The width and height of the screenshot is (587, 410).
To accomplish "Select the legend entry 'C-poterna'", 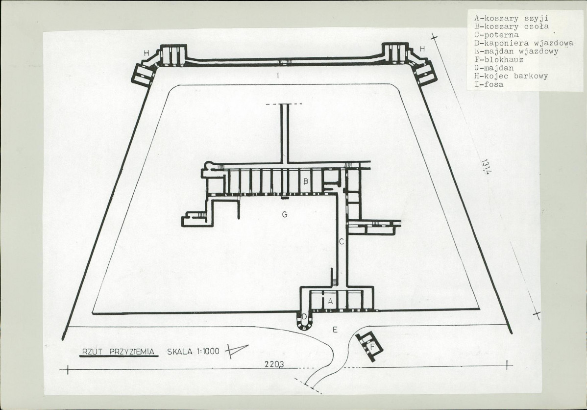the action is pos(496,35).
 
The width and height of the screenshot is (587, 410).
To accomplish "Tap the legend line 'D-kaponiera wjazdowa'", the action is pos(523,43).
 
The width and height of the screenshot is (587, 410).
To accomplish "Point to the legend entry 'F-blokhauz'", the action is pos(499,60).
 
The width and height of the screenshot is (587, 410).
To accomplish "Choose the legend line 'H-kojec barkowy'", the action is pos(511,76).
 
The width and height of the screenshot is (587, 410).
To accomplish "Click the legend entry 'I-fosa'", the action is pos(489,84).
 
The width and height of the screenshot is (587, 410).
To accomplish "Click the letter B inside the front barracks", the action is pos(305,182).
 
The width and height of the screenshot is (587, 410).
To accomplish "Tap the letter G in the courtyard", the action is pos(285,215).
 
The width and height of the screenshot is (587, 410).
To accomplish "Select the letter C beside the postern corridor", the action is pos(341,242).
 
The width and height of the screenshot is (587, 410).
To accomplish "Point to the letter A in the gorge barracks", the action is pos(330,301).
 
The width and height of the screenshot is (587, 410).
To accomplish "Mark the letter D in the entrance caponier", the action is pos(304,317).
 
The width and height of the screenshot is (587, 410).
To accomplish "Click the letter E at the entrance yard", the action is pos(335,330).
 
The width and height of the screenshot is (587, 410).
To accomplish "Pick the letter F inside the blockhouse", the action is pos(372,347).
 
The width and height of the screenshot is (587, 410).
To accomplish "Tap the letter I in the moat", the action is pos(278,76).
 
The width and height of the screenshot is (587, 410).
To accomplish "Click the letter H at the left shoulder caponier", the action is pos(147,53).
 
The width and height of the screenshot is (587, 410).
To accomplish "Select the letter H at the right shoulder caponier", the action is pos(422,49).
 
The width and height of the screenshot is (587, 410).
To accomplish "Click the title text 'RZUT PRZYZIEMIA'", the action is pos(118,352).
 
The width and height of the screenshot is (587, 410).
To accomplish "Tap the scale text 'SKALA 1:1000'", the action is pos(193,352).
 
